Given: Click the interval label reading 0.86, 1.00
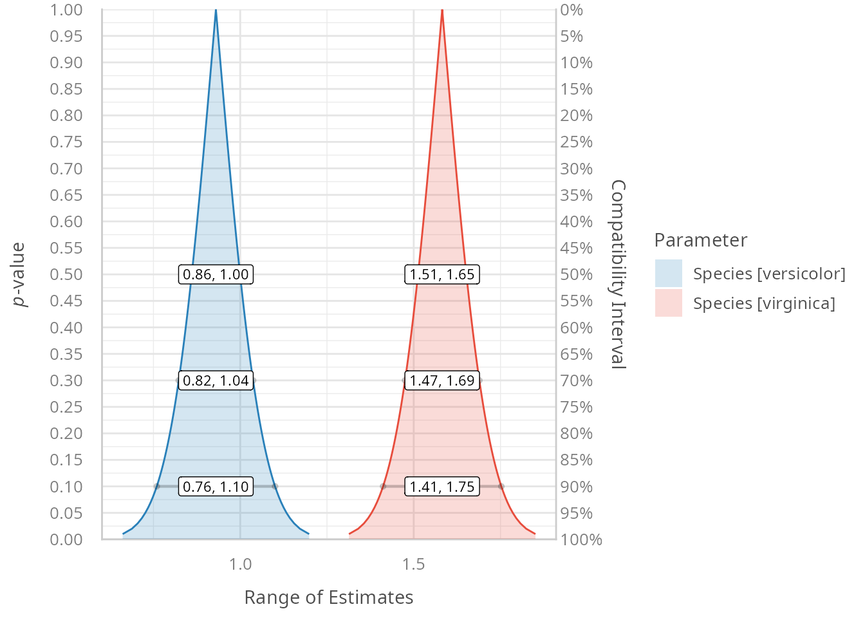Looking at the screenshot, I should click(216, 274).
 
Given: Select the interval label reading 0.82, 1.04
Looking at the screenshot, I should click(216, 380).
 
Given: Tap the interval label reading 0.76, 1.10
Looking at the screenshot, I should click(216, 487).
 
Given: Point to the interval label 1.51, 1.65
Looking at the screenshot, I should click(442, 274).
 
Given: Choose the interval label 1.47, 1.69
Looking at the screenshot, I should click(442, 380).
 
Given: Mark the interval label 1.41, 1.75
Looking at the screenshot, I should click(442, 487).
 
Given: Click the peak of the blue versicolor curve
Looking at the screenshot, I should click(216, 10).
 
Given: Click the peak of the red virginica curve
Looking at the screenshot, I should click(442, 10).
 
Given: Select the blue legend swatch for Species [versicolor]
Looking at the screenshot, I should click(668, 274).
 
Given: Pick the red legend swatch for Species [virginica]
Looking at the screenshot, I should click(668, 303).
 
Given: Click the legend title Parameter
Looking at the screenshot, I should click(700, 240).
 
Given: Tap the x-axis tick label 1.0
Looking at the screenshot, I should click(241, 565).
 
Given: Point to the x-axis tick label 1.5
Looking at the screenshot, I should click(414, 565).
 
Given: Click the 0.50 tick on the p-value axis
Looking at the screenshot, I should click(66, 274).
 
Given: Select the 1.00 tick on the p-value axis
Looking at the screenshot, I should click(66, 10).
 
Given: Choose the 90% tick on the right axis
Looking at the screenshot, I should click(576, 487).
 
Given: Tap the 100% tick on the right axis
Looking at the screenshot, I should click(581, 539).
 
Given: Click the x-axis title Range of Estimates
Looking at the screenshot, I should click(329, 597).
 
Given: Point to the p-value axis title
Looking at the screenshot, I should click(19, 274).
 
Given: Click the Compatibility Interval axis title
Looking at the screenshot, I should click(617, 274).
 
